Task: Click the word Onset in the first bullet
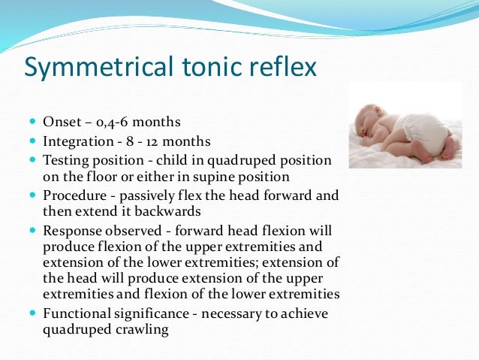click(x=61, y=123)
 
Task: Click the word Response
click(x=72, y=230)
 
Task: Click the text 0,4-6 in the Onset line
click(x=109, y=123)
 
